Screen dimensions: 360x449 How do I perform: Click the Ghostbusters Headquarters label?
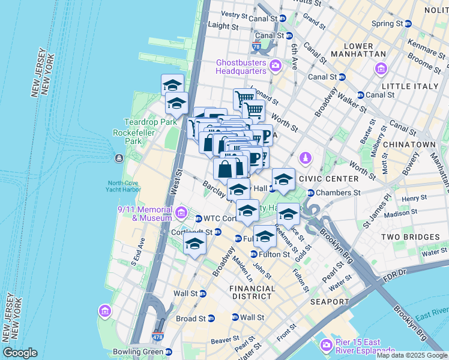click(241, 66)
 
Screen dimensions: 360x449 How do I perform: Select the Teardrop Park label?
click(142, 122)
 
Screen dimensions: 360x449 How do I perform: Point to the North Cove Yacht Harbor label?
click(124, 187)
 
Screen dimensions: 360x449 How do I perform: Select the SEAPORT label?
click(330, 301)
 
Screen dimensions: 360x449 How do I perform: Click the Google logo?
click(20, 353)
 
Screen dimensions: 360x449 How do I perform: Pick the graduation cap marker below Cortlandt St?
click(194, 244)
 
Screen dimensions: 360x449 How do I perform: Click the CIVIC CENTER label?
click(333, 179)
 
